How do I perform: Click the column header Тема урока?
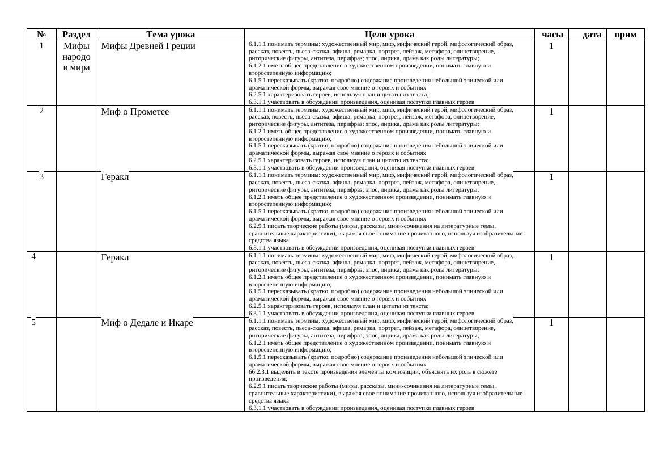(171, 35)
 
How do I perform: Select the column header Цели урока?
(389, 35)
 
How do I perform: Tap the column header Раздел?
(76, 35)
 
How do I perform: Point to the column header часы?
(552, 35)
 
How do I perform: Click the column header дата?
(592, 35)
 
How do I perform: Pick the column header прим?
(625, 35)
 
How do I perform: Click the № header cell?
(41, 35)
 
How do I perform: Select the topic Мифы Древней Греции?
(148, 46)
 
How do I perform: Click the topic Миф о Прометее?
(135, 112)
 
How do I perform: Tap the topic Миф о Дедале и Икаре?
(147, 323)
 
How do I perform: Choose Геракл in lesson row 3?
(115, 177)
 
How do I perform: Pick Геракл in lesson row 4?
(115, 257)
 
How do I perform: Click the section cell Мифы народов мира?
(76, 57)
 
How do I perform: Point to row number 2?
(41, 111)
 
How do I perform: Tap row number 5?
(33, 322)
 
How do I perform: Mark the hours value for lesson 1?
(551, 46)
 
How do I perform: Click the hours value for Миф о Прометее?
(551, 112)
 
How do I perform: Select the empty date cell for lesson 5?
(587, 364)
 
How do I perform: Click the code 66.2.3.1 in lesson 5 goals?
(260, 372)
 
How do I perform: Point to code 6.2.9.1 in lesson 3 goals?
(258, 226)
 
